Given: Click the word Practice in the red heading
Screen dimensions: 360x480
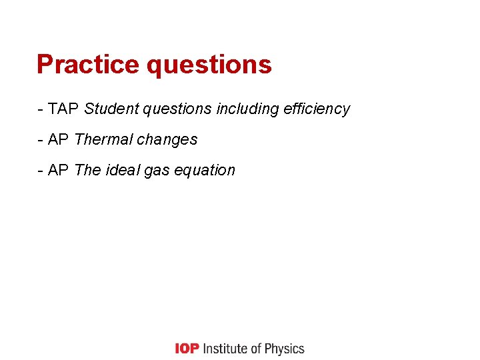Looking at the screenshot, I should pyautogui.click(x=88, y=65).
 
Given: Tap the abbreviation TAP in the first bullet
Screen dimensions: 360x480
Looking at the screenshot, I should pyautogui.click(x=65, y=109).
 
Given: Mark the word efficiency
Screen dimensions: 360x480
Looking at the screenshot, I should pyautogui.click(x=317, y=109).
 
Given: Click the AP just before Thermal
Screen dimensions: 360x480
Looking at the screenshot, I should pyautogui.click(x=59, y=139).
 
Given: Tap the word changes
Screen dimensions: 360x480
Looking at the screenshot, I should pyautogui.click(x=167, y=140).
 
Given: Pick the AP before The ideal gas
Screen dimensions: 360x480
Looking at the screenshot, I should pyautogui.click(x=59, y=170).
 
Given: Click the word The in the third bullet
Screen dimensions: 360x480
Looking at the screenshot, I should pyautogui.click(x=87, y=170).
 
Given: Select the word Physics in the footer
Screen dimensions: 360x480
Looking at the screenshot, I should pyautogui.click(x=284, y=349).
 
